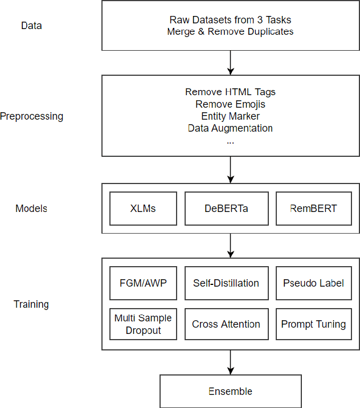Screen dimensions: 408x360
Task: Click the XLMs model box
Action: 142,208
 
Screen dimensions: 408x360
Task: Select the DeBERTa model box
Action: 226,208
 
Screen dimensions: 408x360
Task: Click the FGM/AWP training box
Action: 142,283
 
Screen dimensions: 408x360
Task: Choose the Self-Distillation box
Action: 226,283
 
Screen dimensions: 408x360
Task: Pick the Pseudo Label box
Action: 313,283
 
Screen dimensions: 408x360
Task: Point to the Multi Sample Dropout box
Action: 142,324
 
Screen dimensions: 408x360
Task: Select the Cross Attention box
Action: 226,324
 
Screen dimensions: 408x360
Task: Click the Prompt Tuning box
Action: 313,324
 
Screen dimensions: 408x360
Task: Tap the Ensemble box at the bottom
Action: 230,391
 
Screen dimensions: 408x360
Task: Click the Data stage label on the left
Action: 31,26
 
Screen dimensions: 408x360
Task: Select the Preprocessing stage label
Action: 31,116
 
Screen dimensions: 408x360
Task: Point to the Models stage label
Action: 31,208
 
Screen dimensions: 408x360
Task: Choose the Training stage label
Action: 31,304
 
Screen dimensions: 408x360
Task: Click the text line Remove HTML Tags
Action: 230,92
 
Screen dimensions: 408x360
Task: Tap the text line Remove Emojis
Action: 230,104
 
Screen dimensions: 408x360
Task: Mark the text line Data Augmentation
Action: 230,128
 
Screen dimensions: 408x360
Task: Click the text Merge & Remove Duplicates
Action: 230,31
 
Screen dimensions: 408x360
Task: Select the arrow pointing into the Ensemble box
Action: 230,362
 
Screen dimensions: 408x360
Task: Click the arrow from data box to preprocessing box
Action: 230,63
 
